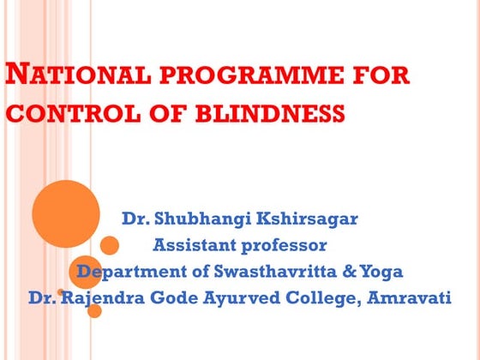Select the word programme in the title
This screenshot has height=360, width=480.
(x=231, y=75)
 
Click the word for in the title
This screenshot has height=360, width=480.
(x=379, y=75)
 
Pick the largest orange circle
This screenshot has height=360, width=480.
(x=65, y=213)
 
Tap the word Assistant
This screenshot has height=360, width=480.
(x=192, y=245)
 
